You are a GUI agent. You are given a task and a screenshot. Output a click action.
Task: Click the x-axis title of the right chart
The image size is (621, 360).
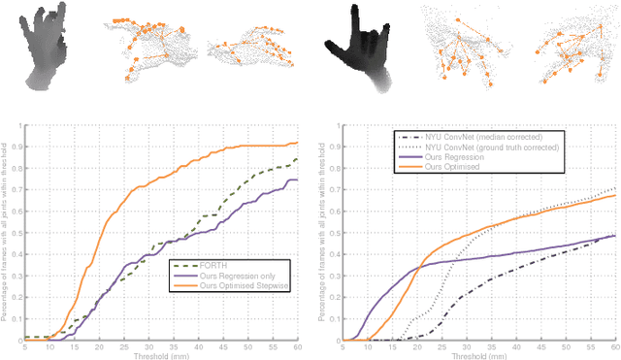(479, 355)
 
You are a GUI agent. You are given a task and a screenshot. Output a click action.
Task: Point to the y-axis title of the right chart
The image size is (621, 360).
(327, 231)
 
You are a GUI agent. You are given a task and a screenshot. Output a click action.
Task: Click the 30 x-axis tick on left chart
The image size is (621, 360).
(149, 346)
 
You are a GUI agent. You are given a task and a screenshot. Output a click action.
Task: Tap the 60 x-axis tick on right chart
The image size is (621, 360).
(614, 346)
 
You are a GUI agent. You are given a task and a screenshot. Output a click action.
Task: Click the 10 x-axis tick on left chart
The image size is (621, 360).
(49, 346)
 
